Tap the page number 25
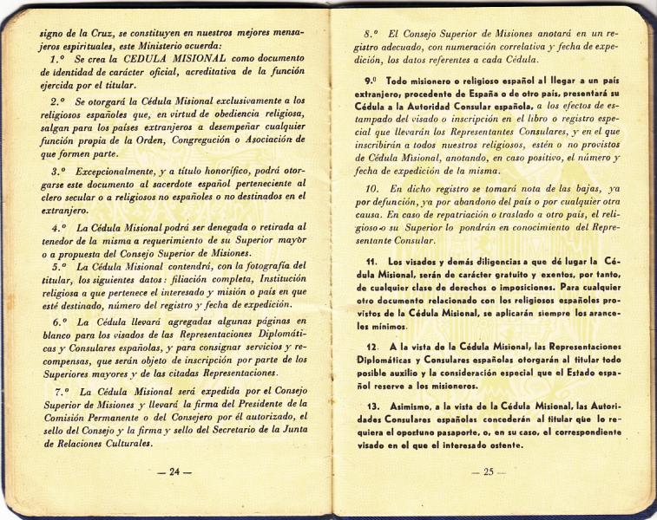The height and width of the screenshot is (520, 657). (483, 471)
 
